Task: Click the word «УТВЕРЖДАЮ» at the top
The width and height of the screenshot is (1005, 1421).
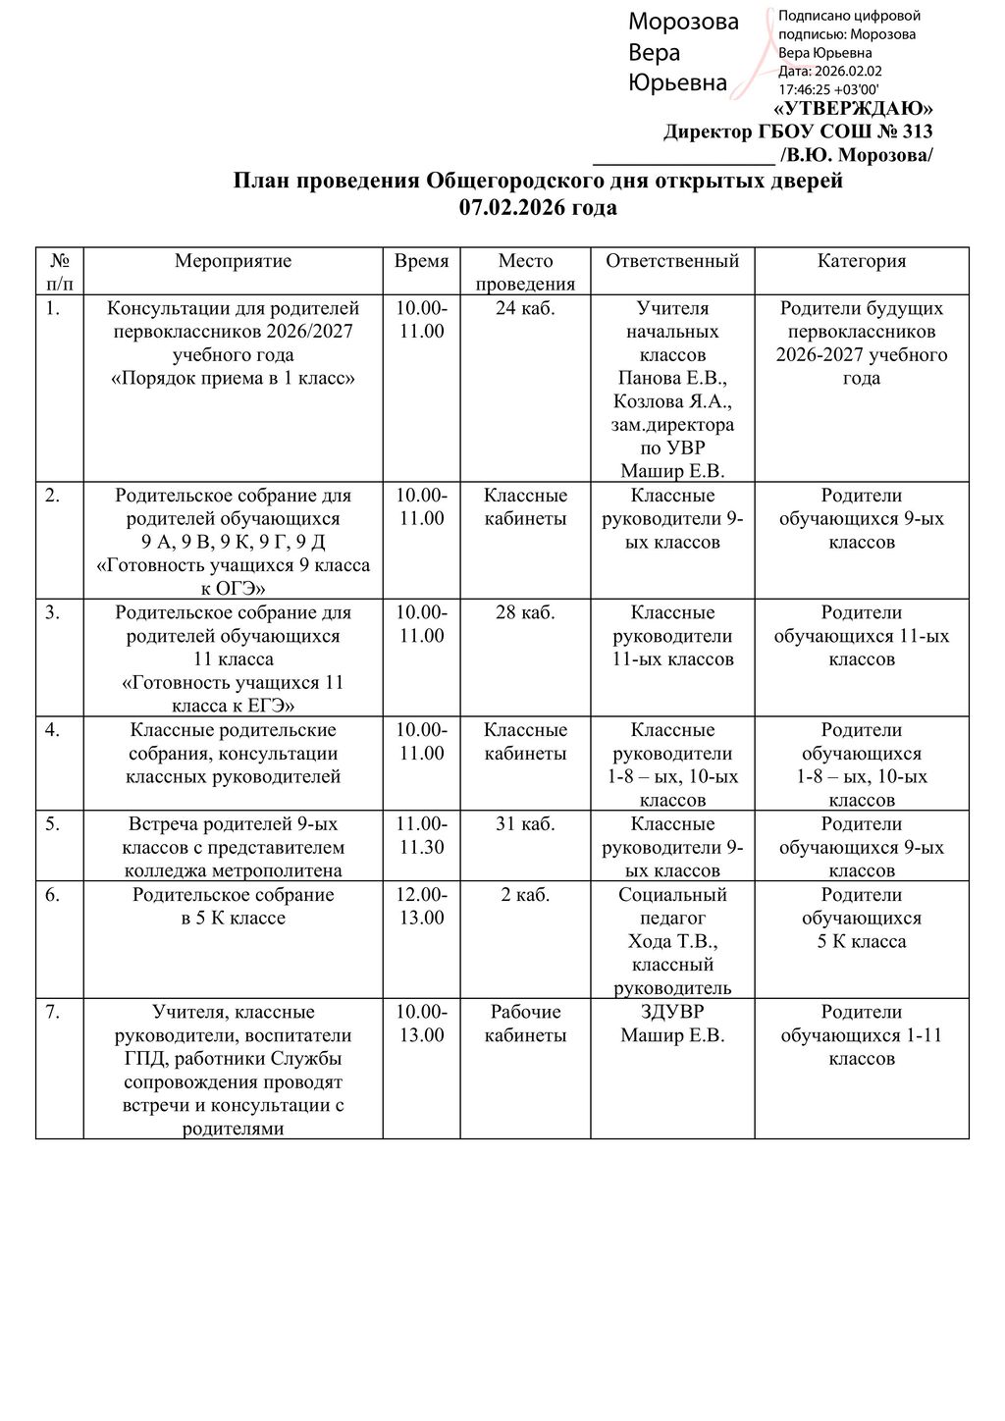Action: click(854, 108)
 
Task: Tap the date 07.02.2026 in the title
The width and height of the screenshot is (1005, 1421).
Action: click(506, 207)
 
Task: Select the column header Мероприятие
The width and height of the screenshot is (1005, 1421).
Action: click(233, 261)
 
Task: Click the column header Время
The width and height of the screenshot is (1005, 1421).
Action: click(421, 261)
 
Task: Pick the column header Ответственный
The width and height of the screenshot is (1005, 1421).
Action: click(672, 261)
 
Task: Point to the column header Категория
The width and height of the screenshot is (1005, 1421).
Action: click(861, 261)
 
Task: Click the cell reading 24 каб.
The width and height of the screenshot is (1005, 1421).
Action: click(525, 308)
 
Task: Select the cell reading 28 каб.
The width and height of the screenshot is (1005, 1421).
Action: click(525, 612)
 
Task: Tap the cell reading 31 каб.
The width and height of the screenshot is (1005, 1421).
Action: click(525, 824)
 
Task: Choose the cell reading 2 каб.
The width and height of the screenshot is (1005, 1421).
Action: click(525, 895)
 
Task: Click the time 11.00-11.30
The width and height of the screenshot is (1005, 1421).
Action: click(421, 836)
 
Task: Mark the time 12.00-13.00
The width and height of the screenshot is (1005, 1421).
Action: click(421, 907)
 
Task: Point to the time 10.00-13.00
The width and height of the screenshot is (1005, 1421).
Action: click(421, 1024)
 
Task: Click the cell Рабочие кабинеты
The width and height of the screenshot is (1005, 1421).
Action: click(525, 1024)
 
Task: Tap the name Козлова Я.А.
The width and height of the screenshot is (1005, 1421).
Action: click(672, 401)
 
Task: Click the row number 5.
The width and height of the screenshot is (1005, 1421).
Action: click(53, 824)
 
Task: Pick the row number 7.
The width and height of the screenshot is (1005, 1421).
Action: click(53, 1012)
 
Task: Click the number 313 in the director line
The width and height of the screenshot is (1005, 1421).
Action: click(916, 132)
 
